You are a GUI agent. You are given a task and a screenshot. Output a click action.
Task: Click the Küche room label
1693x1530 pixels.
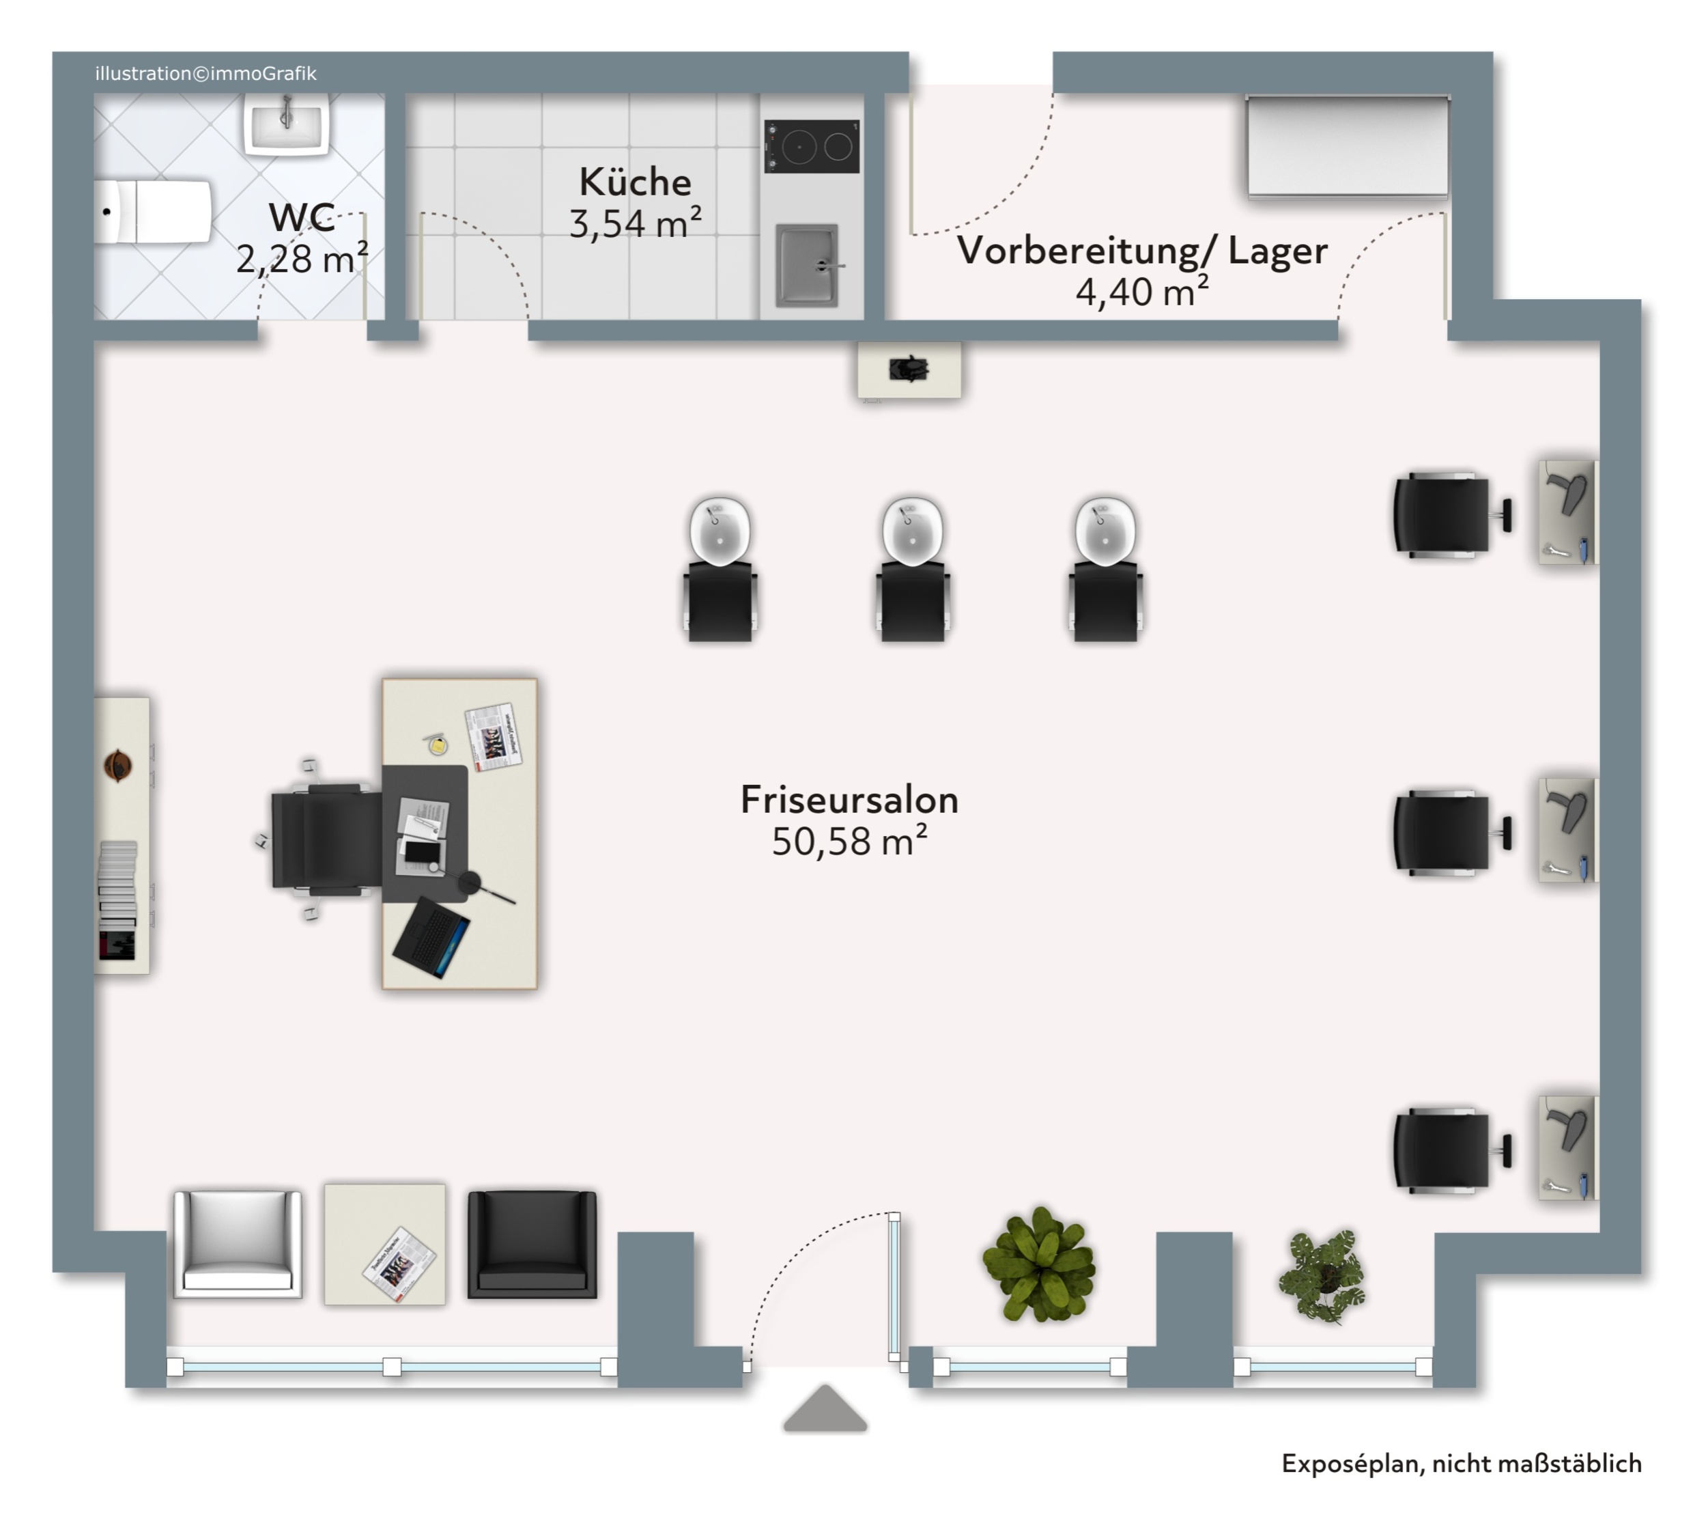point(635,182)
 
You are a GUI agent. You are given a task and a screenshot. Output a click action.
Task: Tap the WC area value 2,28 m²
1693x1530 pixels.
point(302,258)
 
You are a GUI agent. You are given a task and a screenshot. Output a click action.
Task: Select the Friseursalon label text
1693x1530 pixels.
point(849,799)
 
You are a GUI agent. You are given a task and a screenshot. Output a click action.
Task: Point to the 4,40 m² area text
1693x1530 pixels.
point(1142,291)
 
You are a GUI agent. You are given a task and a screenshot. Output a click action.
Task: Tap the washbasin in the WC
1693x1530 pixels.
point(286,124)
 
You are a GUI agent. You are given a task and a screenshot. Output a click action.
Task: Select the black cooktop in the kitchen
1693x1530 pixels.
point(811,147)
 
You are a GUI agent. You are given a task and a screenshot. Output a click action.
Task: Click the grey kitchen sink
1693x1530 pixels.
point(807,264)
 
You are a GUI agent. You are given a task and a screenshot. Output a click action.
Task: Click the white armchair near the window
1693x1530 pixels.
point(238,1244)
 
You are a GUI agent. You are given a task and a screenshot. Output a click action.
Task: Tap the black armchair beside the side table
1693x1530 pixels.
point(532,1244)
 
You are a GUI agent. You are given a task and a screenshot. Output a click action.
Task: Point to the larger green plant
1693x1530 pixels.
point(1040,1264)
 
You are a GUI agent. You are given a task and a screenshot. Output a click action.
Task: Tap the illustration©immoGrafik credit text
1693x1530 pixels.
point(205,74)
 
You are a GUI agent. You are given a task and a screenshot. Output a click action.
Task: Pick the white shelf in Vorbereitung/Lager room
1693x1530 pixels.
point(1348,146)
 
